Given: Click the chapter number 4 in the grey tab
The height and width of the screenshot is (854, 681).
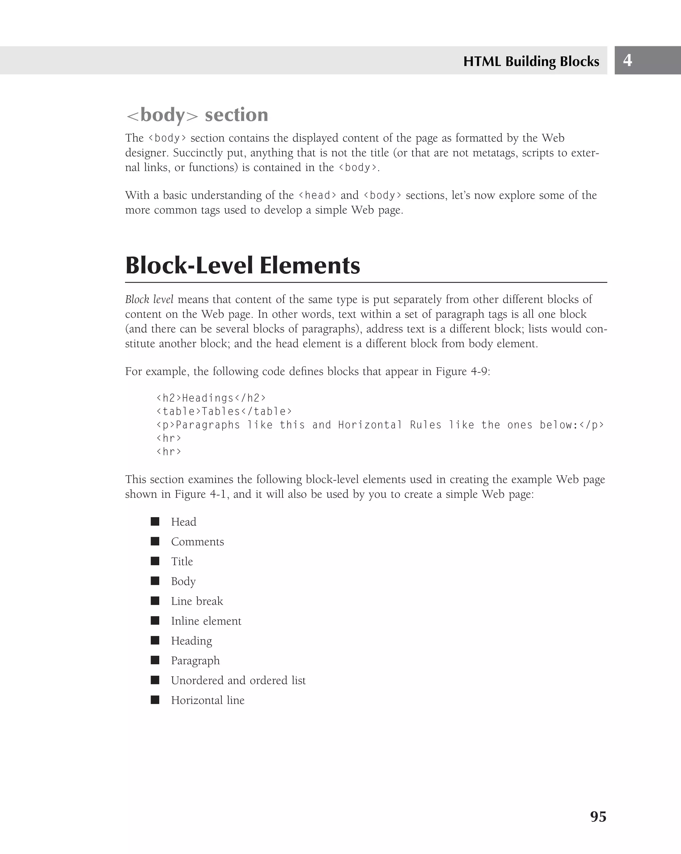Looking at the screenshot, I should coord(627,60).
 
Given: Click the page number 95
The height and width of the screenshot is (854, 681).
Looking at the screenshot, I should coord(598,816).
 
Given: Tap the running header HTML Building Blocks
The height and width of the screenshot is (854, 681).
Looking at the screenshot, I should coord(531,61).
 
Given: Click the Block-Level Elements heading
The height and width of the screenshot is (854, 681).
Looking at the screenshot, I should coord(242,265).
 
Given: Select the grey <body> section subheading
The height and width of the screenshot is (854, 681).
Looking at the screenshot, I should coord(197,115).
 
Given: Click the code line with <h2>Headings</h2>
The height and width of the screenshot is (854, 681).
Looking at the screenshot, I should coord(211,398).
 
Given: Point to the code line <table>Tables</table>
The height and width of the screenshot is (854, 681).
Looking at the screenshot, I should coord(224,411).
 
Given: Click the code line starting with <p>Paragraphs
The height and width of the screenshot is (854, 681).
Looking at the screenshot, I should coord(380,425).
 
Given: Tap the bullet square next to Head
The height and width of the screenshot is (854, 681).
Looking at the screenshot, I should coord(155,521).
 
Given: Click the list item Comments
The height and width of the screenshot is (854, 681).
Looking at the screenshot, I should coord(197,541).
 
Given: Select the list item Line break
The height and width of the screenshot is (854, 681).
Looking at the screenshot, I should coord(197,601).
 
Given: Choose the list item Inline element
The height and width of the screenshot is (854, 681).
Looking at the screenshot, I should coord(206,621).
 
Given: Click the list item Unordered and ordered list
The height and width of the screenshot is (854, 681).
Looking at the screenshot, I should coord(238,680).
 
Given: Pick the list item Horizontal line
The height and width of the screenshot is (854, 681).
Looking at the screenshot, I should coord(207,700).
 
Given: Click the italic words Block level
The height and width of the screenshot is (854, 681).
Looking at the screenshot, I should coord(149,300).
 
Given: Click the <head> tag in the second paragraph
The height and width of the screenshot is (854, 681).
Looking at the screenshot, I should coord(317,195).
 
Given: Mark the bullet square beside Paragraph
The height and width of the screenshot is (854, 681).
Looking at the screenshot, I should coord(155,660).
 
